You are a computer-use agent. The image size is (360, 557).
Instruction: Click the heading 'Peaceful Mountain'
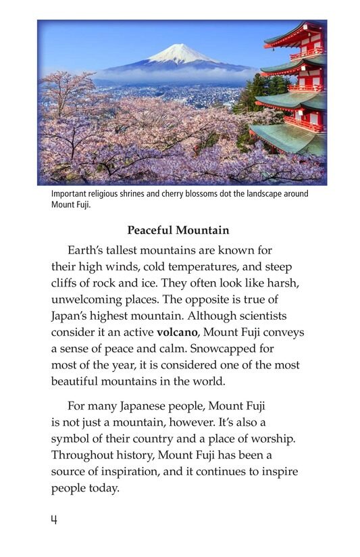178,230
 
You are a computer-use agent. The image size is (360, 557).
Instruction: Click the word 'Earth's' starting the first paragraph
89,251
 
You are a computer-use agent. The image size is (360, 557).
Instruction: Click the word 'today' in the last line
101,487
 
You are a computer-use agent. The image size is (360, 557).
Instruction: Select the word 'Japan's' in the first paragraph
72,316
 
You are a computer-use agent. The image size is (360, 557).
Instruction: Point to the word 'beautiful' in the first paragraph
76,381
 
